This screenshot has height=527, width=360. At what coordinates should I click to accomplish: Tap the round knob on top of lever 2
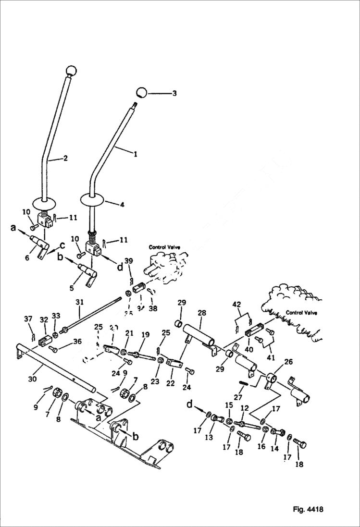coord(71,71)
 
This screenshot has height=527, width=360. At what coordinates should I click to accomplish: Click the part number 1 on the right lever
coord(135,154)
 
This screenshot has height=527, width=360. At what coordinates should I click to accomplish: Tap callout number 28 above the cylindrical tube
coord(201,313)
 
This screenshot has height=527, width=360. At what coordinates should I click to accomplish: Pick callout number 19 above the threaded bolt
coord(145,334)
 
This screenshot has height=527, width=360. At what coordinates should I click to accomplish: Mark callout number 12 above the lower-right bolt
coord(245,408)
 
